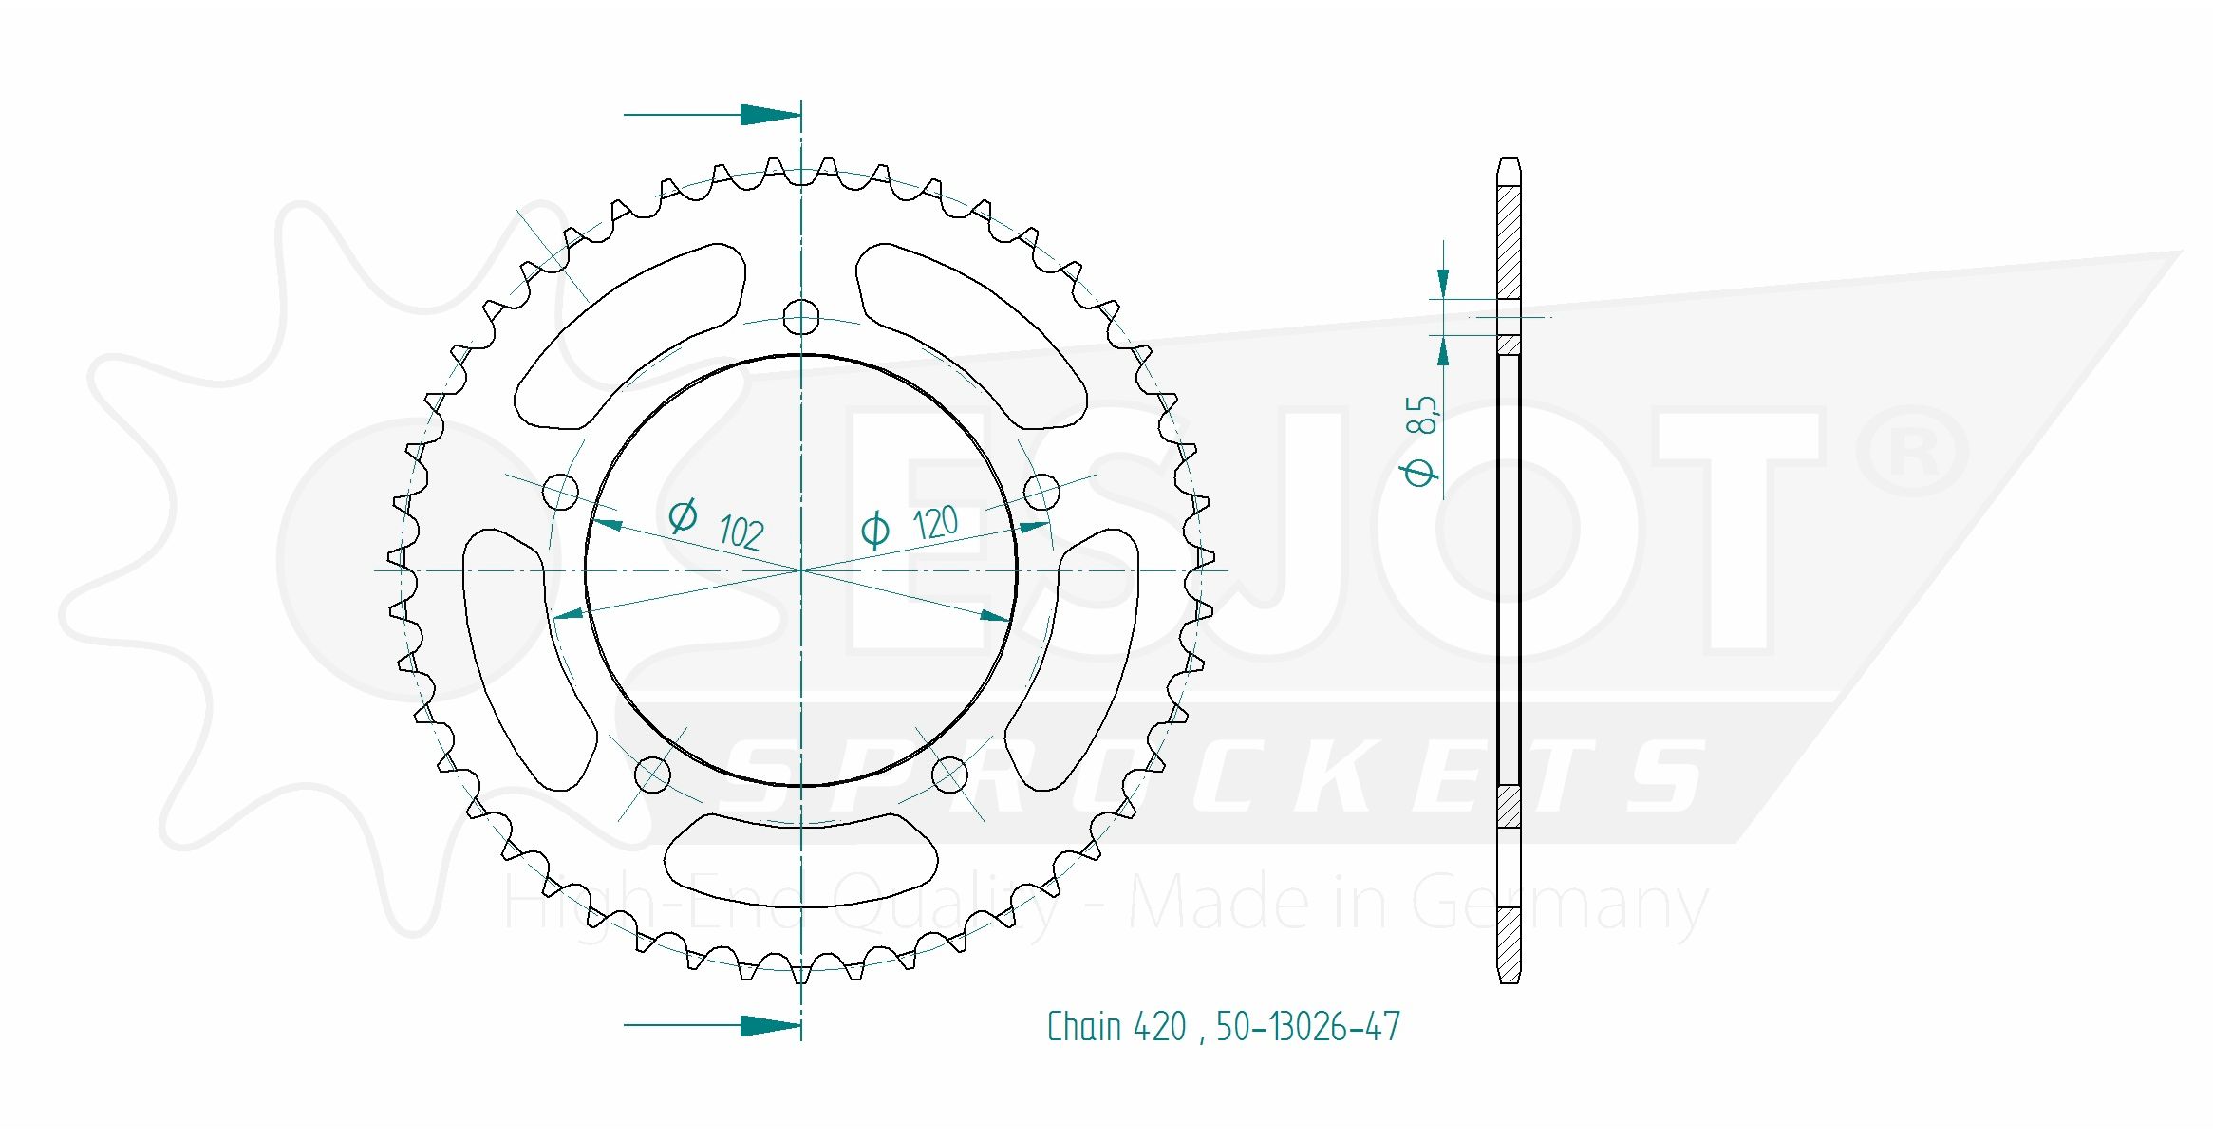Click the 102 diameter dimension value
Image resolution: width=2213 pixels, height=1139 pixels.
coord(741,532)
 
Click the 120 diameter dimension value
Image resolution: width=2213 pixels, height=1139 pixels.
coord(935,523)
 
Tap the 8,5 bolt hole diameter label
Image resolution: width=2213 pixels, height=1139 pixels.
coord(1422,415)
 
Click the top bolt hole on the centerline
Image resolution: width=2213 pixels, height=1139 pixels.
coord(801,317)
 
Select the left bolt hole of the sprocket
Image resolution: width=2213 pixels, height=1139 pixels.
coord(560,492)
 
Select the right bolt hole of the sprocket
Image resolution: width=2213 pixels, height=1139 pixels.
coord(1041,491)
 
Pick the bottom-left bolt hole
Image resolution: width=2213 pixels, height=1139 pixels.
coord(652,774)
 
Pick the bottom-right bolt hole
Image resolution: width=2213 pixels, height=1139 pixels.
coord(949,774)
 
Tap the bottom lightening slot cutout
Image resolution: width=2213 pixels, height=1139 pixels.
coord(800,860)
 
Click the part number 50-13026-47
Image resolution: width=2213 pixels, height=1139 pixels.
coord(1307,1027)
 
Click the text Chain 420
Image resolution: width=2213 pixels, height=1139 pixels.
coord(1116,1027)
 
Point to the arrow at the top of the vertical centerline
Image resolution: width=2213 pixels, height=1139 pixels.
coord(770,115)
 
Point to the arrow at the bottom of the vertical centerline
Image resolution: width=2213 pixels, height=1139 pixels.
coord(770,1025)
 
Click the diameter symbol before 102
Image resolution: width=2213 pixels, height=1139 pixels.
coord(683,515)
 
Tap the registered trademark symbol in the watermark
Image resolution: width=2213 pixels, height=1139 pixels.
coord(1912,452)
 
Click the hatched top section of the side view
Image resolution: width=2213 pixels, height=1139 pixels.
coord(1508,242)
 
